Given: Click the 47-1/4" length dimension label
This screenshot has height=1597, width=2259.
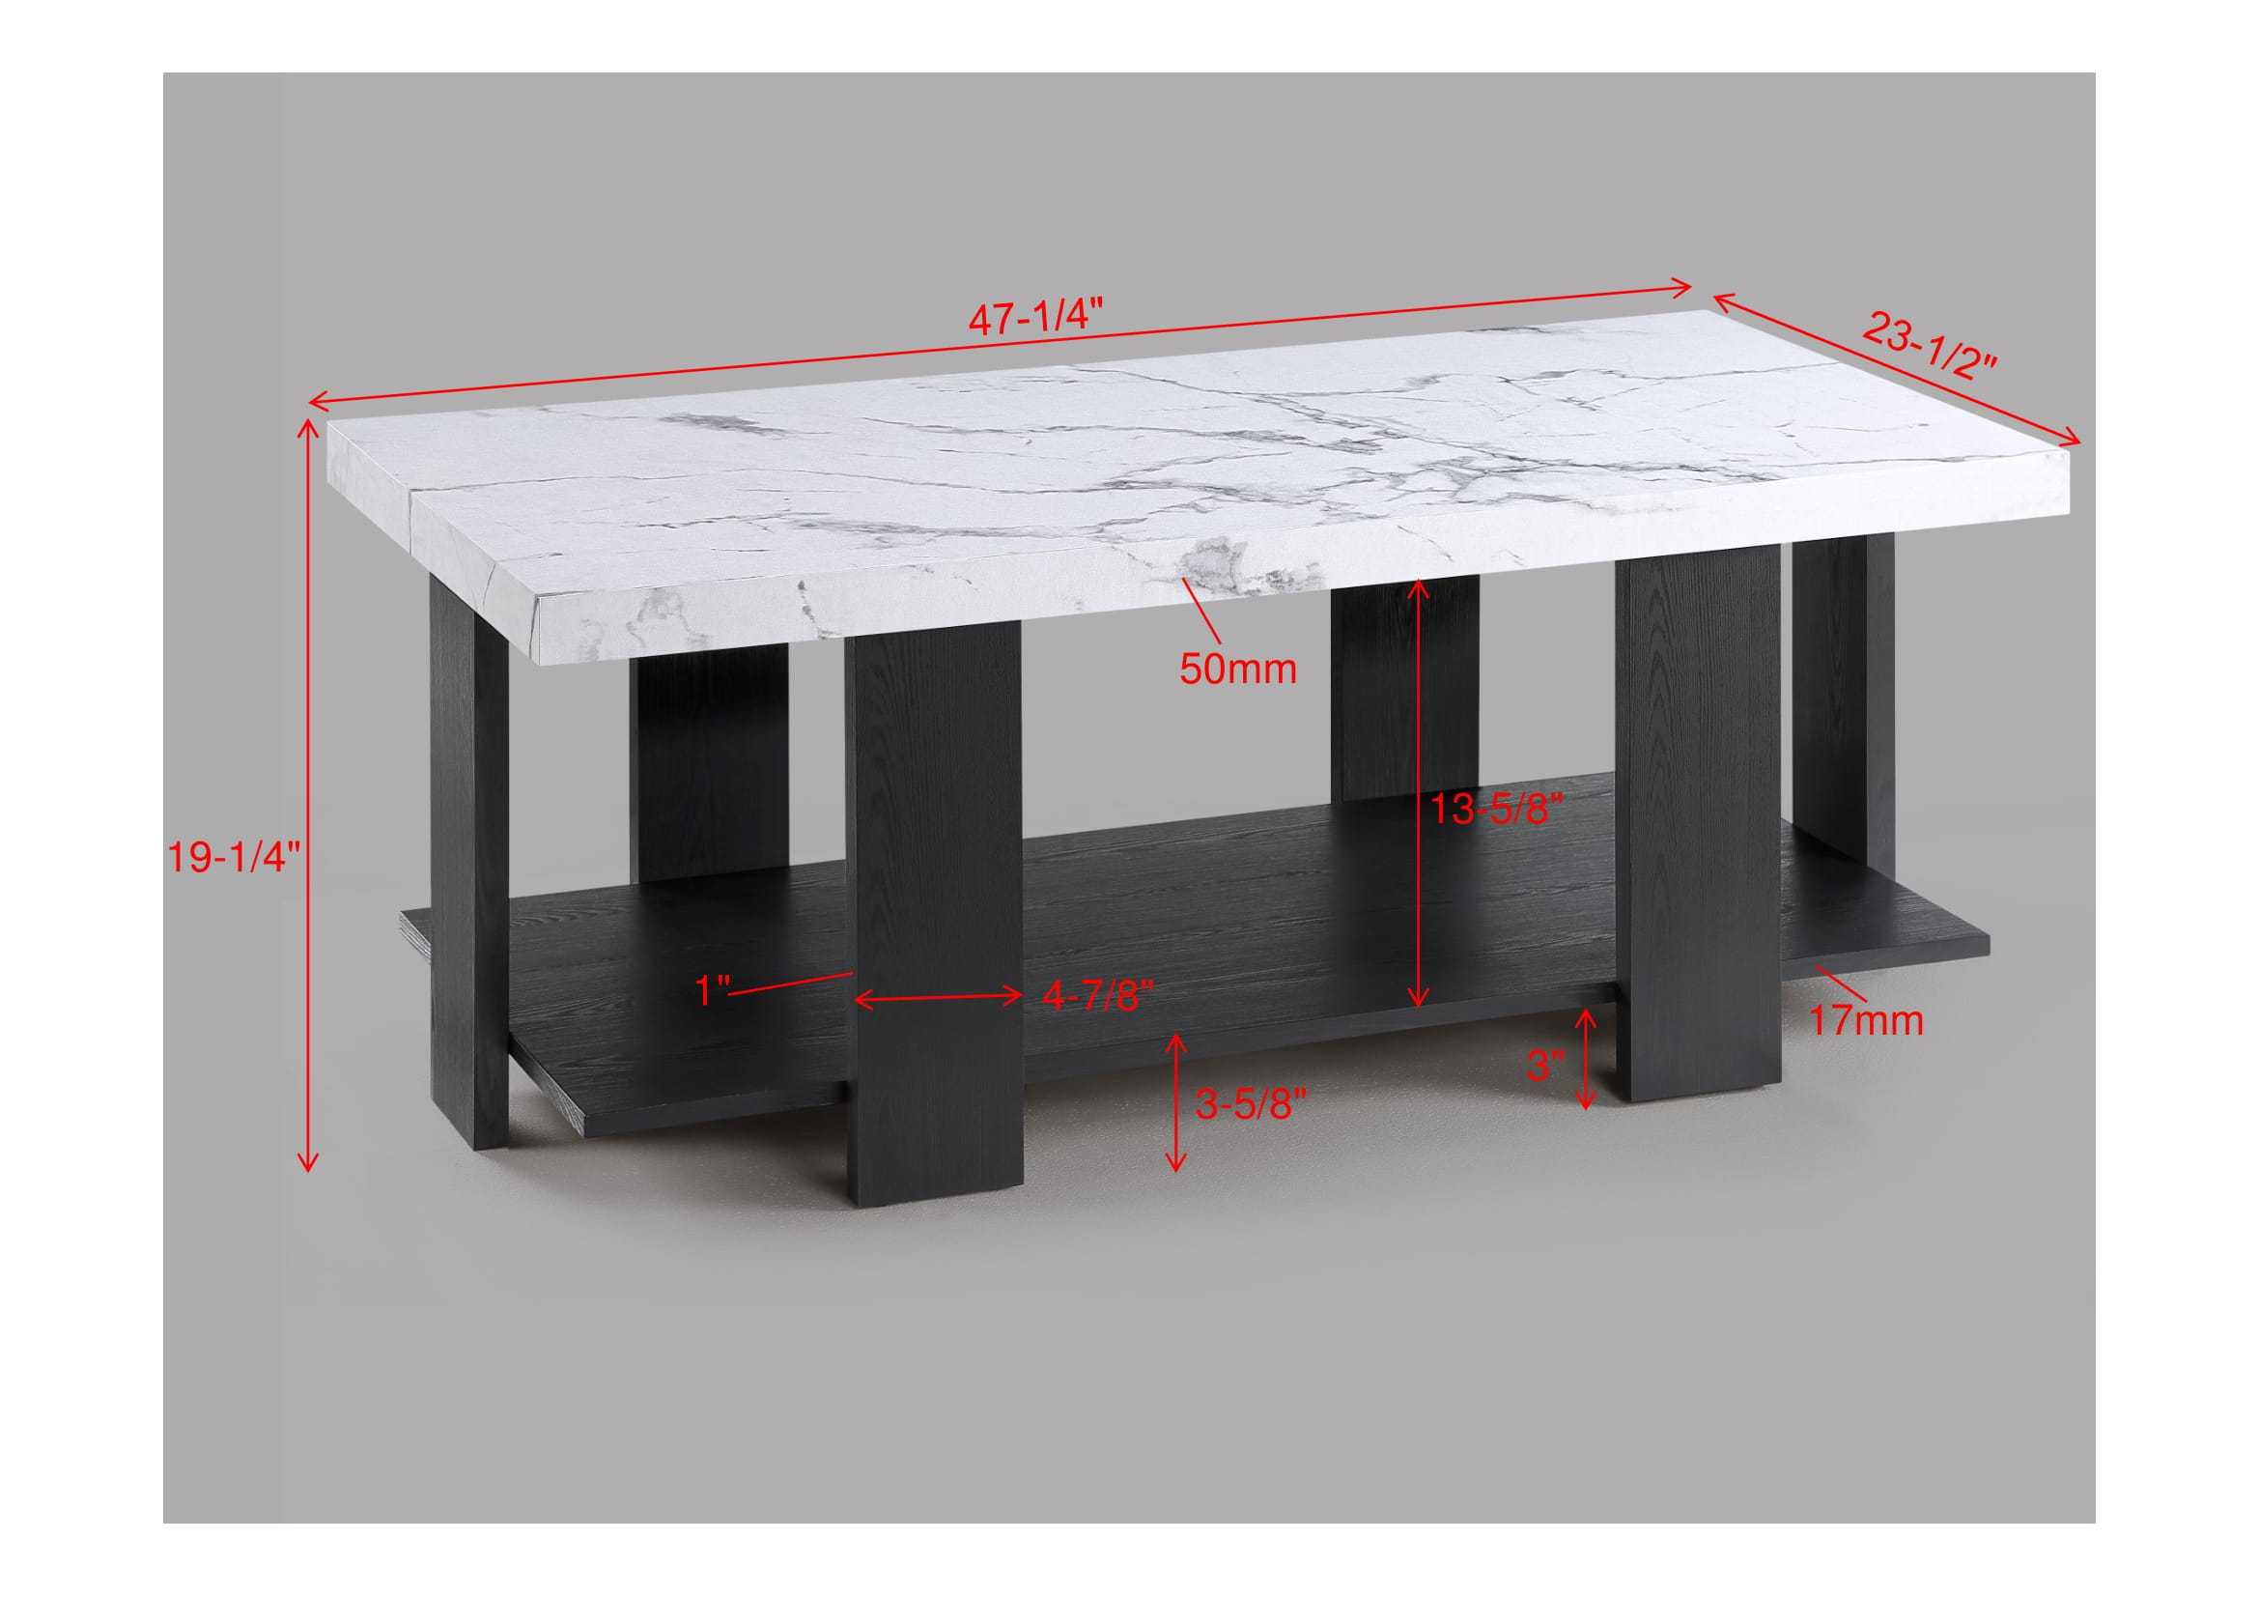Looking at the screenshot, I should pos(1035,320).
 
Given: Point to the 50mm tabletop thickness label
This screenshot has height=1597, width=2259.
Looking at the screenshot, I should pos(1238,670).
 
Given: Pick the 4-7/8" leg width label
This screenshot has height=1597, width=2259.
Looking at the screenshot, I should pos(1096,996).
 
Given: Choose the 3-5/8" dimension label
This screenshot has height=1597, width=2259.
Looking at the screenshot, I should pos(1250,1105).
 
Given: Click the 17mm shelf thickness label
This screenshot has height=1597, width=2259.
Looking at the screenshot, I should pos(1867,1020).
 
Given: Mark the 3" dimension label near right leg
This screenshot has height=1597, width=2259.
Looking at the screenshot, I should pos(1543,1065).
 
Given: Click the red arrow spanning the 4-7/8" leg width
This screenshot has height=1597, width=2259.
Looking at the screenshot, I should pos(938,998).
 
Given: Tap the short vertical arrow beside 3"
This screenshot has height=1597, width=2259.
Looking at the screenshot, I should pos(1585,1059).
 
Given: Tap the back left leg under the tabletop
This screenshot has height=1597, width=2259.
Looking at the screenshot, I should pos(708,767).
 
